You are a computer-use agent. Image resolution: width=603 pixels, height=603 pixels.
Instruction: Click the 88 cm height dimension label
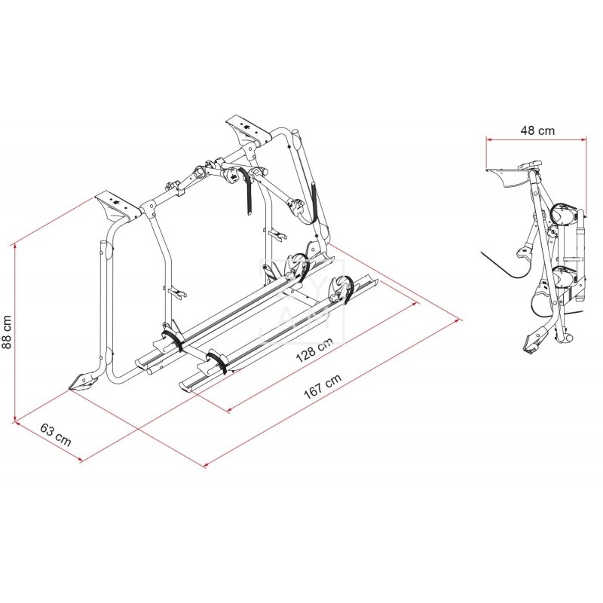(x=7, y=332)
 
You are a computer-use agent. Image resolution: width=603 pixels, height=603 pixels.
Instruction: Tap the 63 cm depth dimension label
(x=56, y=435)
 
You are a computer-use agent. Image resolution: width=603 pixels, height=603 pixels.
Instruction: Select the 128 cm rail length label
(x=314, y=351)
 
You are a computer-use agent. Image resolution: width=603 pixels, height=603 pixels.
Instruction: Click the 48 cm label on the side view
(x=537, y=130)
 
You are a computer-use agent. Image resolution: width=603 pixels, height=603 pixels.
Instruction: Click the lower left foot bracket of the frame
(x=84, y=382)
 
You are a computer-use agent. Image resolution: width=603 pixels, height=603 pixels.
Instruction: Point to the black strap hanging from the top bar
(x=246, y=190)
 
